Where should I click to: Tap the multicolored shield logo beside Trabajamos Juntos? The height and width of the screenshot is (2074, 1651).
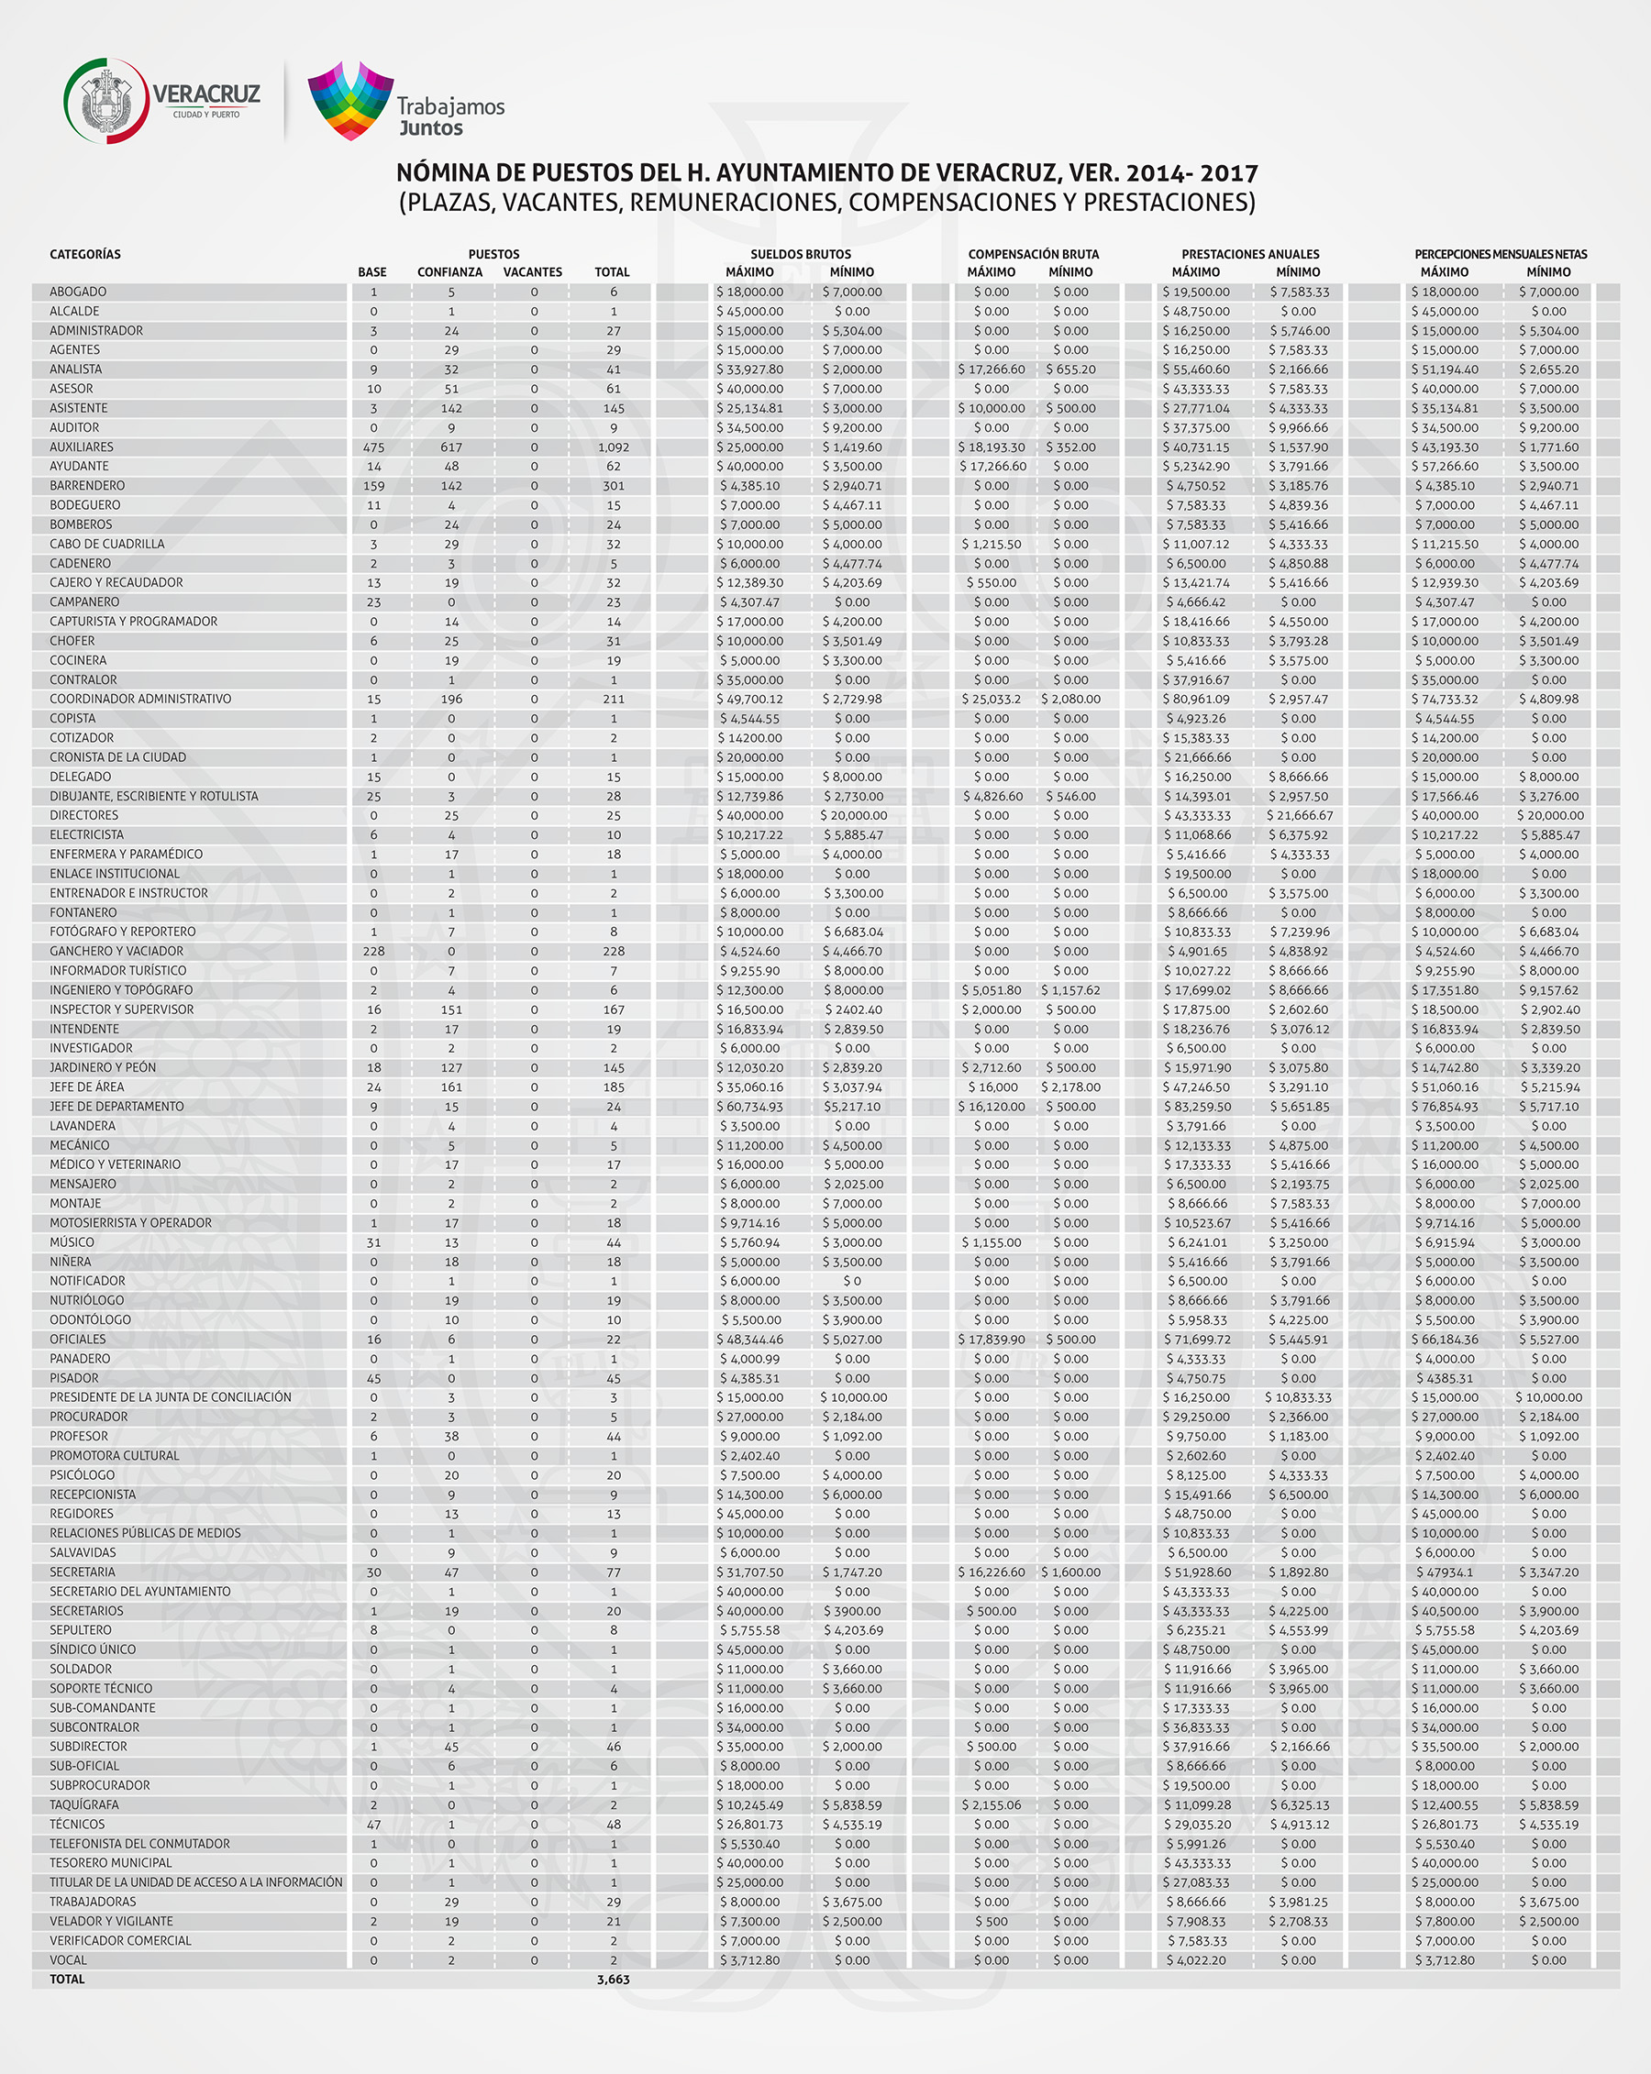[350, 100]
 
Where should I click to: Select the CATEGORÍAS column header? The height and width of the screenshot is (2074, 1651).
[85, 254]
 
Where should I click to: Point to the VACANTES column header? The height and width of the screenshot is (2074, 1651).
[532, 272]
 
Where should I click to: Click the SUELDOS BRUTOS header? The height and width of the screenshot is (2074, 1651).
[801, 254]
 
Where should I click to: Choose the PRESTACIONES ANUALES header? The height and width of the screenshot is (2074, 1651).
[1250, 254]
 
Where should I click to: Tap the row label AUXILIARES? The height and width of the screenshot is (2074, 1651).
[82, 447]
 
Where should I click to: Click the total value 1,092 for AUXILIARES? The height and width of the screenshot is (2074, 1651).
[613, 447]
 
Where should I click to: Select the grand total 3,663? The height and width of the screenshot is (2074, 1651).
[613, 1979]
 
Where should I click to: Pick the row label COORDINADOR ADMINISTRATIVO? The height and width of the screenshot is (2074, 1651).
[140, 700]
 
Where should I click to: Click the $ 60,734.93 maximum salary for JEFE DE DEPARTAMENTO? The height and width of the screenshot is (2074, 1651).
[749, 1107]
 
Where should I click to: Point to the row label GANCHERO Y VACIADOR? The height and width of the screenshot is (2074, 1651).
[116, 952]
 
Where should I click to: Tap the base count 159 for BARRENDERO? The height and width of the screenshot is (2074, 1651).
[373, 486]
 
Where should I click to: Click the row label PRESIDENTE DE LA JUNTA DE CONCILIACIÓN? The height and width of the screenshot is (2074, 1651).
[171, 1396]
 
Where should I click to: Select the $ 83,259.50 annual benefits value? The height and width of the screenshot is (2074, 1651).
[1197, 1107]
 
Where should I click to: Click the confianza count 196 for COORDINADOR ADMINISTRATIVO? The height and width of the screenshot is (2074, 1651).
[451, 700]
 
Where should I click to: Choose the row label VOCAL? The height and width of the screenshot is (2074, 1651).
[68, 1959]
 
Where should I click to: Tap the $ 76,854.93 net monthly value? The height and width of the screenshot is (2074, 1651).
[1446, 1107]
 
